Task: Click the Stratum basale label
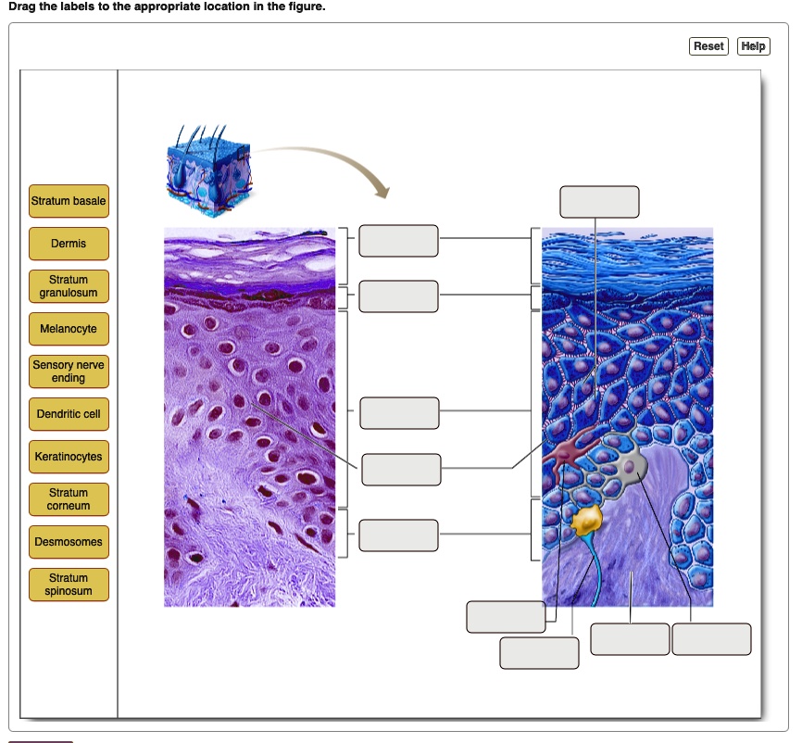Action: (69, 201)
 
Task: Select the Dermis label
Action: (69, 244)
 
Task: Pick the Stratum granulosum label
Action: (69, 286)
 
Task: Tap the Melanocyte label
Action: (69, 329)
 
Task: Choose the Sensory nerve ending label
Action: (69, 371)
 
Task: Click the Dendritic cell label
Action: (69, 414)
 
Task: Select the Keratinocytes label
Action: (69, 457)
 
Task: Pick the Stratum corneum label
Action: (69, 499)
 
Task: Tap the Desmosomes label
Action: (69, 542)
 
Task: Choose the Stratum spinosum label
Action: (69, 585)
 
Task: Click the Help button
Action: (753, 46)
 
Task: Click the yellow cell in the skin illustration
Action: (587, 523)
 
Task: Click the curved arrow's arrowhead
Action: (380, 191)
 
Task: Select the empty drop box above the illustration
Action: (599, 202)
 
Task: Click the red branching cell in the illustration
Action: (566, 450)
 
